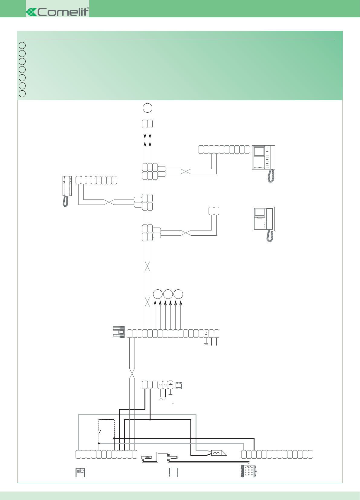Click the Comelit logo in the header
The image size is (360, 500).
tap(57, 12)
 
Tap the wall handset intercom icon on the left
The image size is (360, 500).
tap(67, 191)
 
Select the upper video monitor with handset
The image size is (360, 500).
tap(264, 163)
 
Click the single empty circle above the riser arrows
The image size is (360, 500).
tap(148, 108)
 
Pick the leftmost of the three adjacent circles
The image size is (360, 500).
tap(158, 294)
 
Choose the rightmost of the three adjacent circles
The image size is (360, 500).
tap(178, 294)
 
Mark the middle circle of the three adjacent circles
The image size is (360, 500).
tap(168, 294)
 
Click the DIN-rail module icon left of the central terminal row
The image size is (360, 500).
tap(119, 332)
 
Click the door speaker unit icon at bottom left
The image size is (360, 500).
tap(80, 473)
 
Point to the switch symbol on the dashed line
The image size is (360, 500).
tap(100, 432)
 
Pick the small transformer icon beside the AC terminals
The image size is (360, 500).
tap(179, 385)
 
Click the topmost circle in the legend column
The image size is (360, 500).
tap(22, 46)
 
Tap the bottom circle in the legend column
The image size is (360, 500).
tap(22, 94)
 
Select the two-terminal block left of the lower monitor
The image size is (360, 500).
tap(214, 211)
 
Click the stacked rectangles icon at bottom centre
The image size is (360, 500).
tap(174, 473)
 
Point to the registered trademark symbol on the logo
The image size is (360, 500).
tap(88, 8)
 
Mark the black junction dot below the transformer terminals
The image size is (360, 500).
tap(150, 419)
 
